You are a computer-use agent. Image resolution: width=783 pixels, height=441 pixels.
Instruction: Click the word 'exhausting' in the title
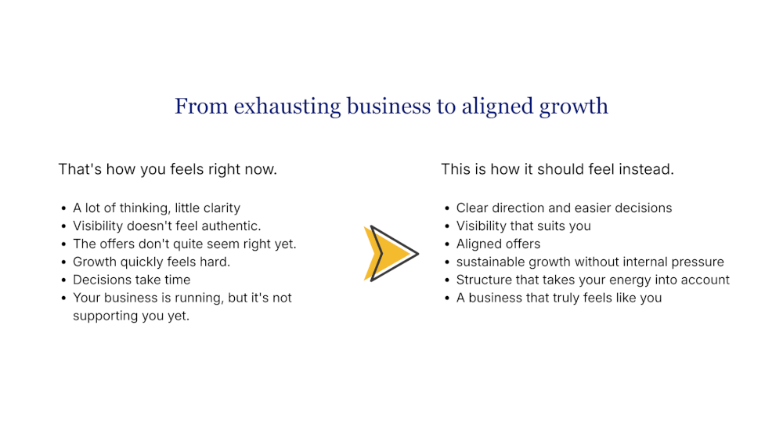(287, 107)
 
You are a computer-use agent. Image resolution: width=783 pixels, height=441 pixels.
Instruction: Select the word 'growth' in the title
(574, 107)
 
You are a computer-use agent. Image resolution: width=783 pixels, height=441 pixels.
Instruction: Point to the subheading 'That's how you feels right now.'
(168, 169)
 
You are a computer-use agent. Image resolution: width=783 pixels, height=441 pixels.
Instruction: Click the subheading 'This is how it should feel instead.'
(557, 169)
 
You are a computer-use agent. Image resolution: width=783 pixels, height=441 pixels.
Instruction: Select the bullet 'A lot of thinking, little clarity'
(157, 208)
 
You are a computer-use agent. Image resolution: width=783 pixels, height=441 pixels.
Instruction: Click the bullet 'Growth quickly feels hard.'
(151, 262)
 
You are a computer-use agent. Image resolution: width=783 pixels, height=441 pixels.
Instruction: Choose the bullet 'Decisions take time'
(132, 280)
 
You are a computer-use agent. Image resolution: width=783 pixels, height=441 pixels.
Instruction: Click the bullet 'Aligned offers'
(498, 244)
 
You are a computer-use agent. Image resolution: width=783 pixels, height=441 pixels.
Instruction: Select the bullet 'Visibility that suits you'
(523, 226)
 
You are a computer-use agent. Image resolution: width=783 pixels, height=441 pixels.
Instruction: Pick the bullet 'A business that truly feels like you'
(558, 298)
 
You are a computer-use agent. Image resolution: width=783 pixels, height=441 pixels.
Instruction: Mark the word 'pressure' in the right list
(697, 262)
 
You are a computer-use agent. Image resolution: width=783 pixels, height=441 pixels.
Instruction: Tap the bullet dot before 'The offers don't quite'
(63, 244)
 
